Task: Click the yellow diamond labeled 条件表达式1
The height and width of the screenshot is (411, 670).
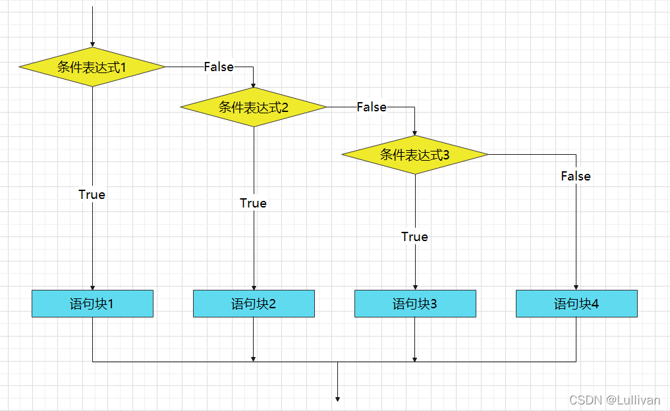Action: [x=92, y=67]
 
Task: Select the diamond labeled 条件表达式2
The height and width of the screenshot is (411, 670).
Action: [x=254, y=107]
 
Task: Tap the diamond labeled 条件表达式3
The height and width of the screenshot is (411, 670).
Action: [x=415, y=155]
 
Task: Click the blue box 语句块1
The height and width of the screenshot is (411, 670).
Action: [x=92, y=304]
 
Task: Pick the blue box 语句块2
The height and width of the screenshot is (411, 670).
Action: [x=254, y=304]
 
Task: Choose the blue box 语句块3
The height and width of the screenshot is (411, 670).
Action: [x=415, y=304]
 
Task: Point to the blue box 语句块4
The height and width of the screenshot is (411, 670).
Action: [x=576, y=304]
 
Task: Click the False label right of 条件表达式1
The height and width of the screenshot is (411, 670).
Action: [x=219, y=67]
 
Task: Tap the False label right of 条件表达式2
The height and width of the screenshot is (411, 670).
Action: [x=372, y=107]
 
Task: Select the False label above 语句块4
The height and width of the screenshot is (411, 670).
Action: [x=576, y=176]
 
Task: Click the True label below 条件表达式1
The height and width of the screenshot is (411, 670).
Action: [x=92, y=194]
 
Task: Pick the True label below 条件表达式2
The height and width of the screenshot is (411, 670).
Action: [x=253, y=203]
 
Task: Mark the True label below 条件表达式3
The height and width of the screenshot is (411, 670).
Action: [x=414, y=236]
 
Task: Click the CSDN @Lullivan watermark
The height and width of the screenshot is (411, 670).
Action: [x=615, y=400]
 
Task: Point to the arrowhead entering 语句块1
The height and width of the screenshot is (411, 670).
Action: [x=92, y=287]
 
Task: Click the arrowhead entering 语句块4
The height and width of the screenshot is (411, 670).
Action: [x=576, y=287]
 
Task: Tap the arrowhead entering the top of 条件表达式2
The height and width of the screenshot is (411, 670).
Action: [x=254, y=84]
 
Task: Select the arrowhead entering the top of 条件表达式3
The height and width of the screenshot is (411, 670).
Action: [x=415, y=132]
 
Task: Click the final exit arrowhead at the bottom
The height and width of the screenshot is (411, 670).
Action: [x=337, y=398]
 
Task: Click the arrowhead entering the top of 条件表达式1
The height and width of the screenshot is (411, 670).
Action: [x=92, y=43]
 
